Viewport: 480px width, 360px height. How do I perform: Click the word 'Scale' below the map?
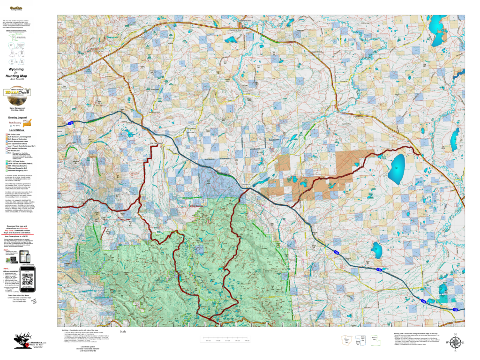point(123,331)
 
